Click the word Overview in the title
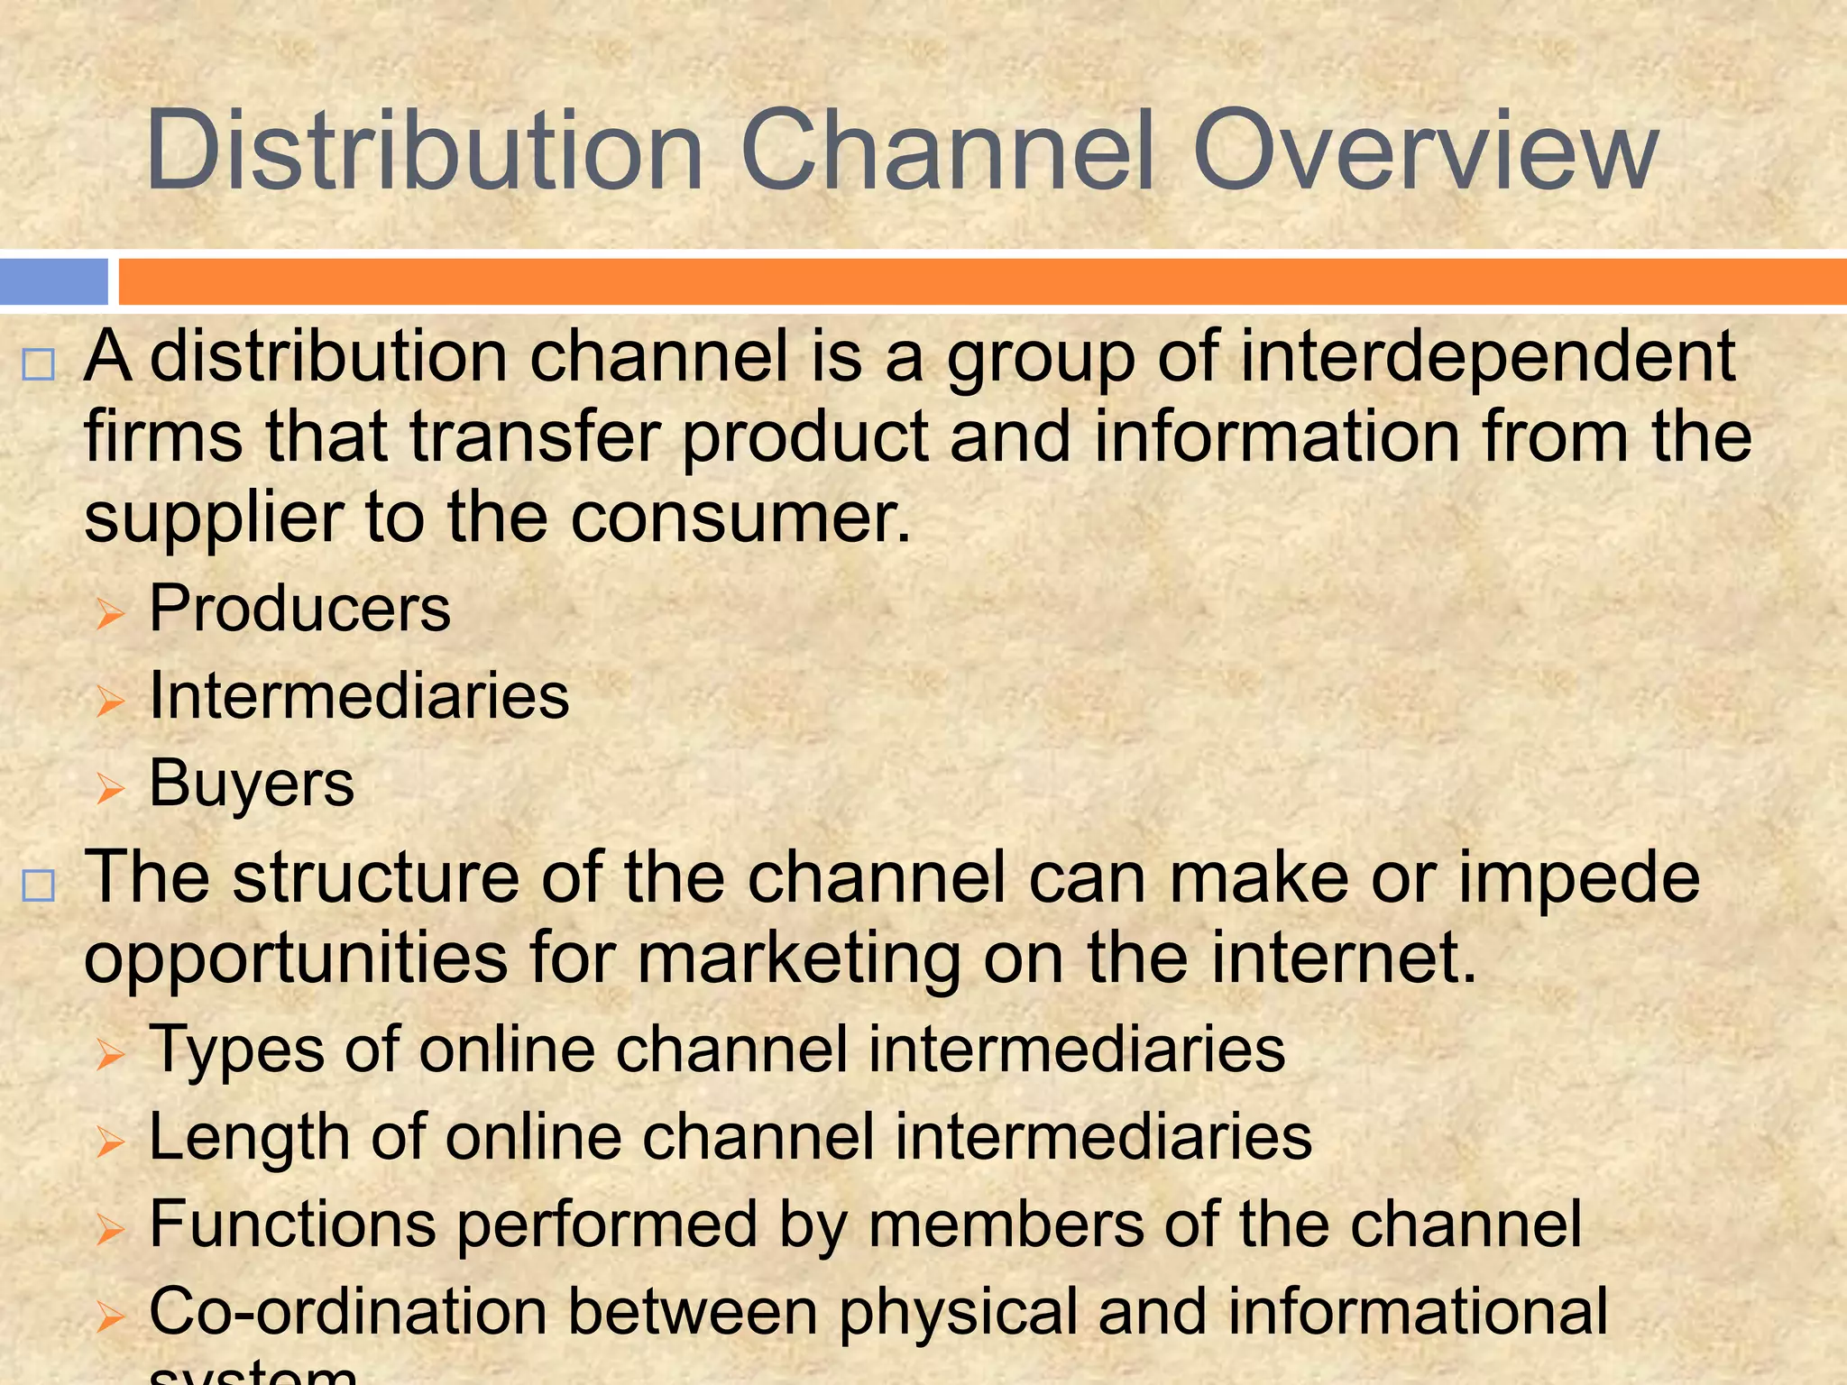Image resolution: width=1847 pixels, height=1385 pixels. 1425,151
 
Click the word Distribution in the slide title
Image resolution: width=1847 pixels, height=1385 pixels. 424,151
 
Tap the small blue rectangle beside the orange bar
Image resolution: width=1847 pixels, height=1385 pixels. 53,281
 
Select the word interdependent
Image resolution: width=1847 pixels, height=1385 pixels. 1488,357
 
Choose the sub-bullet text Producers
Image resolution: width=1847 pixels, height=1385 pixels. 299,609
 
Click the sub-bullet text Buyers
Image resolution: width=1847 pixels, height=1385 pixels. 252,784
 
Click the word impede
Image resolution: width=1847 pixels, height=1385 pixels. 1578,878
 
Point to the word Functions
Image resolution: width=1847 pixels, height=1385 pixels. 292,1224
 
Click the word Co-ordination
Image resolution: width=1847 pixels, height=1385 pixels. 348,1311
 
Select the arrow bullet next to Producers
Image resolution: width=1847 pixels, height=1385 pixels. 109,615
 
